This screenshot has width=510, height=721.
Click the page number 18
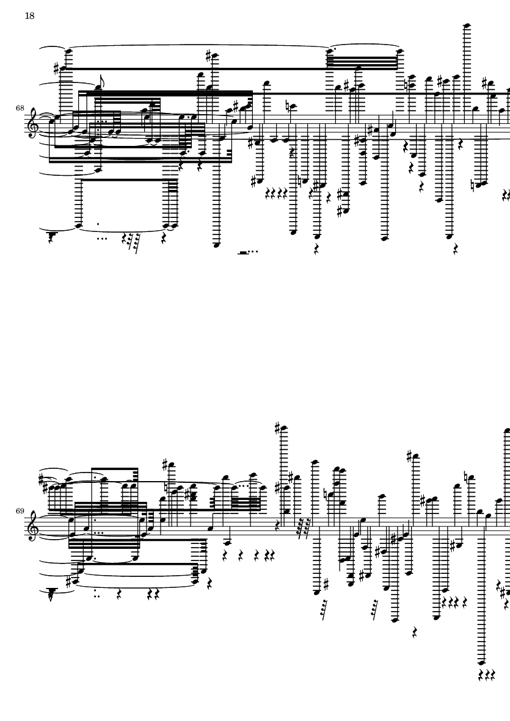(x=29, y=16)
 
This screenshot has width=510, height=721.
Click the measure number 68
(x=20, y=108)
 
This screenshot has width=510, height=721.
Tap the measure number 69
(x=20, y=511)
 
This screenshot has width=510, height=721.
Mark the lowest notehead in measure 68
(x=217, y=245)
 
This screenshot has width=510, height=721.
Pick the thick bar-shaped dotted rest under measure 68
(x=243, y=253)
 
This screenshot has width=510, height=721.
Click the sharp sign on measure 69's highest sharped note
(x=277, y=427)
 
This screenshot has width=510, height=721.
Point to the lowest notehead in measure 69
(x=481, y=662)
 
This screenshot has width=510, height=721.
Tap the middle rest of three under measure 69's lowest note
(x=487, y=675)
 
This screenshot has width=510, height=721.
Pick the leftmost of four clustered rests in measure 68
(x=269, y=193)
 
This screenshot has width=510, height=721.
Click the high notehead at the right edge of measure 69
(x=507, y=430)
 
